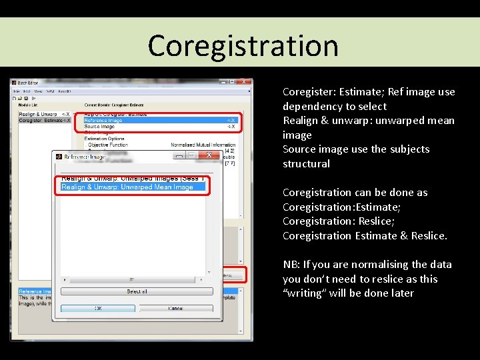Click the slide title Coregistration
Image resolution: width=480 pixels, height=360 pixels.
[243, 45]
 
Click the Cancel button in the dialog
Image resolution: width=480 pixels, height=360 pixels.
[175, 309]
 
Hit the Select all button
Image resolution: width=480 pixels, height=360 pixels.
[137, 291]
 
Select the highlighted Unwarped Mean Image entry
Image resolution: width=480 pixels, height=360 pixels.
[127, 187]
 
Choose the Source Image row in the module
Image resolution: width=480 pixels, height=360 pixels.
[99, 127]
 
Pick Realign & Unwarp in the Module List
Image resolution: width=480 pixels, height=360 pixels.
[38, 114]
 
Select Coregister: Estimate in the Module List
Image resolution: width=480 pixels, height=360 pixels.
[40, 121]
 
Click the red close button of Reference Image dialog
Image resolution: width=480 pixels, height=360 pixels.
[209, 156]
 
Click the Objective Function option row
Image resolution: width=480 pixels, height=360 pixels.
[108, 145]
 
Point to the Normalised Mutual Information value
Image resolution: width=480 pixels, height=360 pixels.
[203, 145]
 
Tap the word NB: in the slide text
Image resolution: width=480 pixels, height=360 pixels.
[291, 265]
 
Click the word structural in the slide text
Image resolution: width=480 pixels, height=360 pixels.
[306, 164]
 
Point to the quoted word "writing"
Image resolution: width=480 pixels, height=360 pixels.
[305, 293]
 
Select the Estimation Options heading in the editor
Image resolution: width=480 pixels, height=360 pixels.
[106, 139]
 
